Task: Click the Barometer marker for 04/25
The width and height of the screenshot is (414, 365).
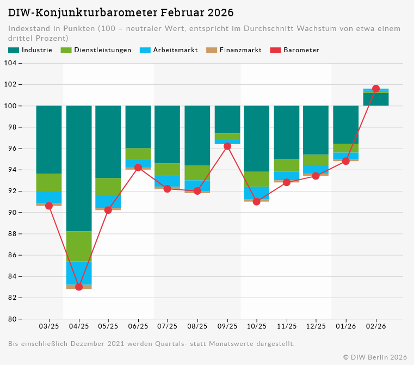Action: tap(79, 287)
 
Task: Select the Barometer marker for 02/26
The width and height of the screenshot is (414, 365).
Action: tap(376, 89)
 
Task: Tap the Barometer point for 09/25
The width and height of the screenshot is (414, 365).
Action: tap(227, 146)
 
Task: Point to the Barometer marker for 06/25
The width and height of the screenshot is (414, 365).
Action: tap(138, 168)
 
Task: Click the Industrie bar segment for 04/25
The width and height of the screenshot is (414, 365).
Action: tap(79, 168)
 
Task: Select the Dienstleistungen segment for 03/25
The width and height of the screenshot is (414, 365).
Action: tap(49, 182)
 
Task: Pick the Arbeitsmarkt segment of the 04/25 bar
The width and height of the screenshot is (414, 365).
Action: tap(79, 273)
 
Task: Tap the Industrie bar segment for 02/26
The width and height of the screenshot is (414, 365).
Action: tap(376, 100)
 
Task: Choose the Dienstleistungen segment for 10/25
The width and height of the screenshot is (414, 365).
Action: tap(257, 179)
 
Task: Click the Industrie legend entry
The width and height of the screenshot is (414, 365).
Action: tap(30, 50)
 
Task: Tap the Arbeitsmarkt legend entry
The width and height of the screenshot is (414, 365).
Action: tap(169, 50)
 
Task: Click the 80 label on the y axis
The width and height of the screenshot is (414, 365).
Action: tap(11, 319)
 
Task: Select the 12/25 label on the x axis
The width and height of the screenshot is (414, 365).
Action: tap(316, 326)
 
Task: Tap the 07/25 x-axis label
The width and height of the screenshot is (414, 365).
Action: tap(168, 326)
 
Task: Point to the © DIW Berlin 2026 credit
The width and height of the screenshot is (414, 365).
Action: tap(375, 357)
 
